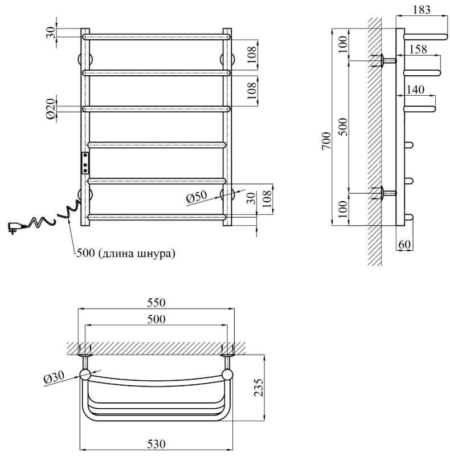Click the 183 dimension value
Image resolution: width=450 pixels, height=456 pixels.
[x=420, y=10]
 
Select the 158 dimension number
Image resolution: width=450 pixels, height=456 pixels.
[x=418, y=50]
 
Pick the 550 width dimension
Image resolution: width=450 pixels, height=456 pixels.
[x=156, y=303]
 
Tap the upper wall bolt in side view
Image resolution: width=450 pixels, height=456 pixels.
[x=385, y=60]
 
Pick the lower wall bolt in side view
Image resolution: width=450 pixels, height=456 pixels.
[x=385, y=194]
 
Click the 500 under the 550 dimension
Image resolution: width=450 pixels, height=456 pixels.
[x=156, y=320]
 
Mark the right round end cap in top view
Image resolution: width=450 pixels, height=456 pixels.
[x=228, y=374]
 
